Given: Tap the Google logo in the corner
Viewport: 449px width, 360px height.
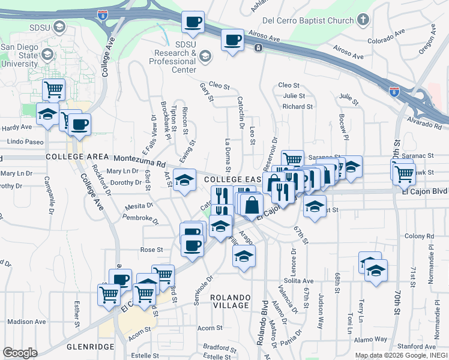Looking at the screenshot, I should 20,353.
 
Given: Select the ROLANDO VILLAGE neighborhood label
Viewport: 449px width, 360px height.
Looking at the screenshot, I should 229,301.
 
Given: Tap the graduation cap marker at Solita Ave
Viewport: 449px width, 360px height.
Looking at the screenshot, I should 376,270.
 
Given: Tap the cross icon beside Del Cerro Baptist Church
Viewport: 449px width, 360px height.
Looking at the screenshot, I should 363,20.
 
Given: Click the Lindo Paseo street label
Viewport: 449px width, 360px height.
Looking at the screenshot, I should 26,142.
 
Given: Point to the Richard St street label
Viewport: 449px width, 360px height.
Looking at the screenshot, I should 298,106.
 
